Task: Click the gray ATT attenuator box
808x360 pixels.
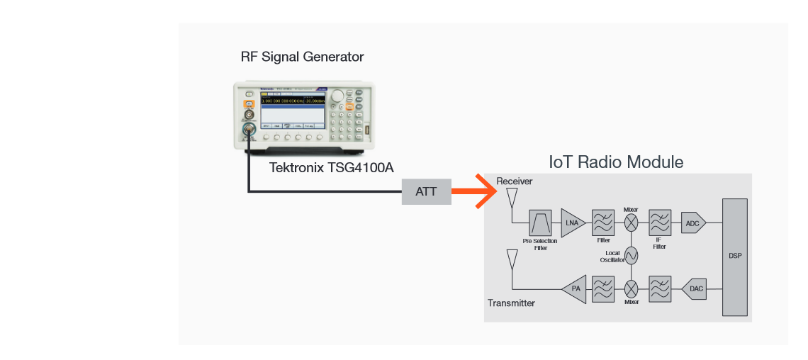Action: tap(426, 191)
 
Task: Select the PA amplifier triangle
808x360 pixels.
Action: tap(576, 289)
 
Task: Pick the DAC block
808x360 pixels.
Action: tap(695, 289)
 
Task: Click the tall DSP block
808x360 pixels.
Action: tap(734, 257)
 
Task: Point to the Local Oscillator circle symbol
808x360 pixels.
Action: tap(631, 255)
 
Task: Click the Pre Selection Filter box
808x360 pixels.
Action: tap(540, 223)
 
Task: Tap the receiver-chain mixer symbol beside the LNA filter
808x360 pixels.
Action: tap(631, 223)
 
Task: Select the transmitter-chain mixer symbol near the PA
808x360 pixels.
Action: tap(631, 289)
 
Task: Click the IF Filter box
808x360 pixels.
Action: tap(660, 223)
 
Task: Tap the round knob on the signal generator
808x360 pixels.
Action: tap(338, 96)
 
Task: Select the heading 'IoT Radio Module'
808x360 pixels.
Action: tap(616, 162)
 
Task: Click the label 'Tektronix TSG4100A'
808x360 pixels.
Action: tap(331, 168)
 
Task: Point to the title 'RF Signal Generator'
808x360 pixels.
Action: tap(302, 57)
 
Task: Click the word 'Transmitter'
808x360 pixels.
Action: tap(511, 303)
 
